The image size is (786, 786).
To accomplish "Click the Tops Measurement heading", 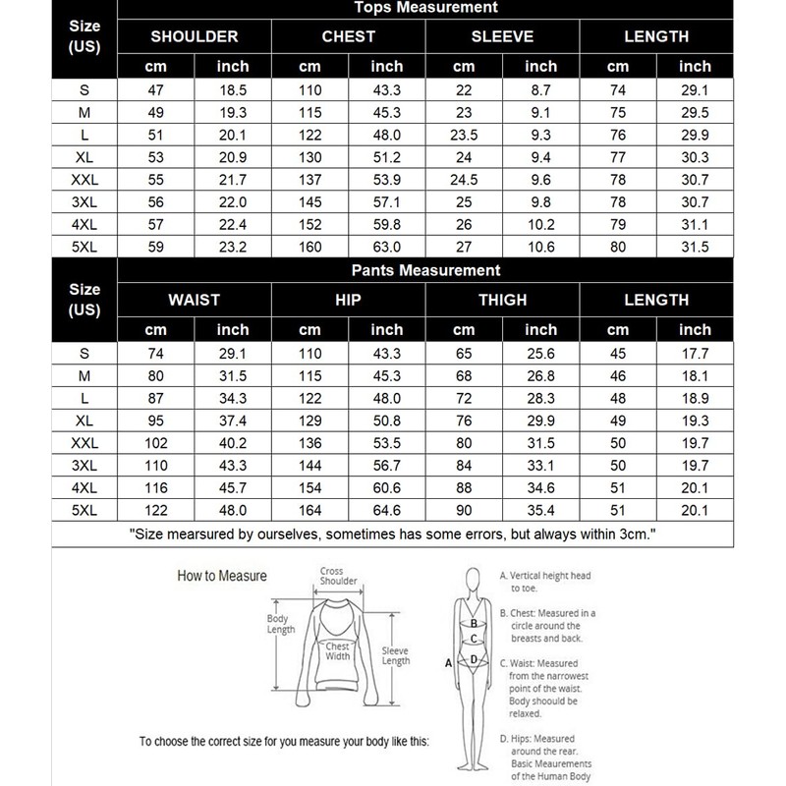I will coord(425,9).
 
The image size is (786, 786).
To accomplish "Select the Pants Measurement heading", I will coord(425,270).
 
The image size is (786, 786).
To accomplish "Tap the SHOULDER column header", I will coord(195,37).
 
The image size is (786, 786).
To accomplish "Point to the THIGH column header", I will coord(502,300).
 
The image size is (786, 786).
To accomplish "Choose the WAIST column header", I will coord(195,300).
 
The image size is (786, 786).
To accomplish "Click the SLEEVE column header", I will coord(502,37).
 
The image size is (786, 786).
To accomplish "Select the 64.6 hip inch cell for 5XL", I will coord(386,509).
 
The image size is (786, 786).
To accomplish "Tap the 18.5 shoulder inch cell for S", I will coord(232,90).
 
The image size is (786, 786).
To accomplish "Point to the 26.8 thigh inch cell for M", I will coord(540,376).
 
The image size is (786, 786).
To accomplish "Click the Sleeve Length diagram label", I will coord(396,655).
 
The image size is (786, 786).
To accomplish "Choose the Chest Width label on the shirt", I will coord(337,651).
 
